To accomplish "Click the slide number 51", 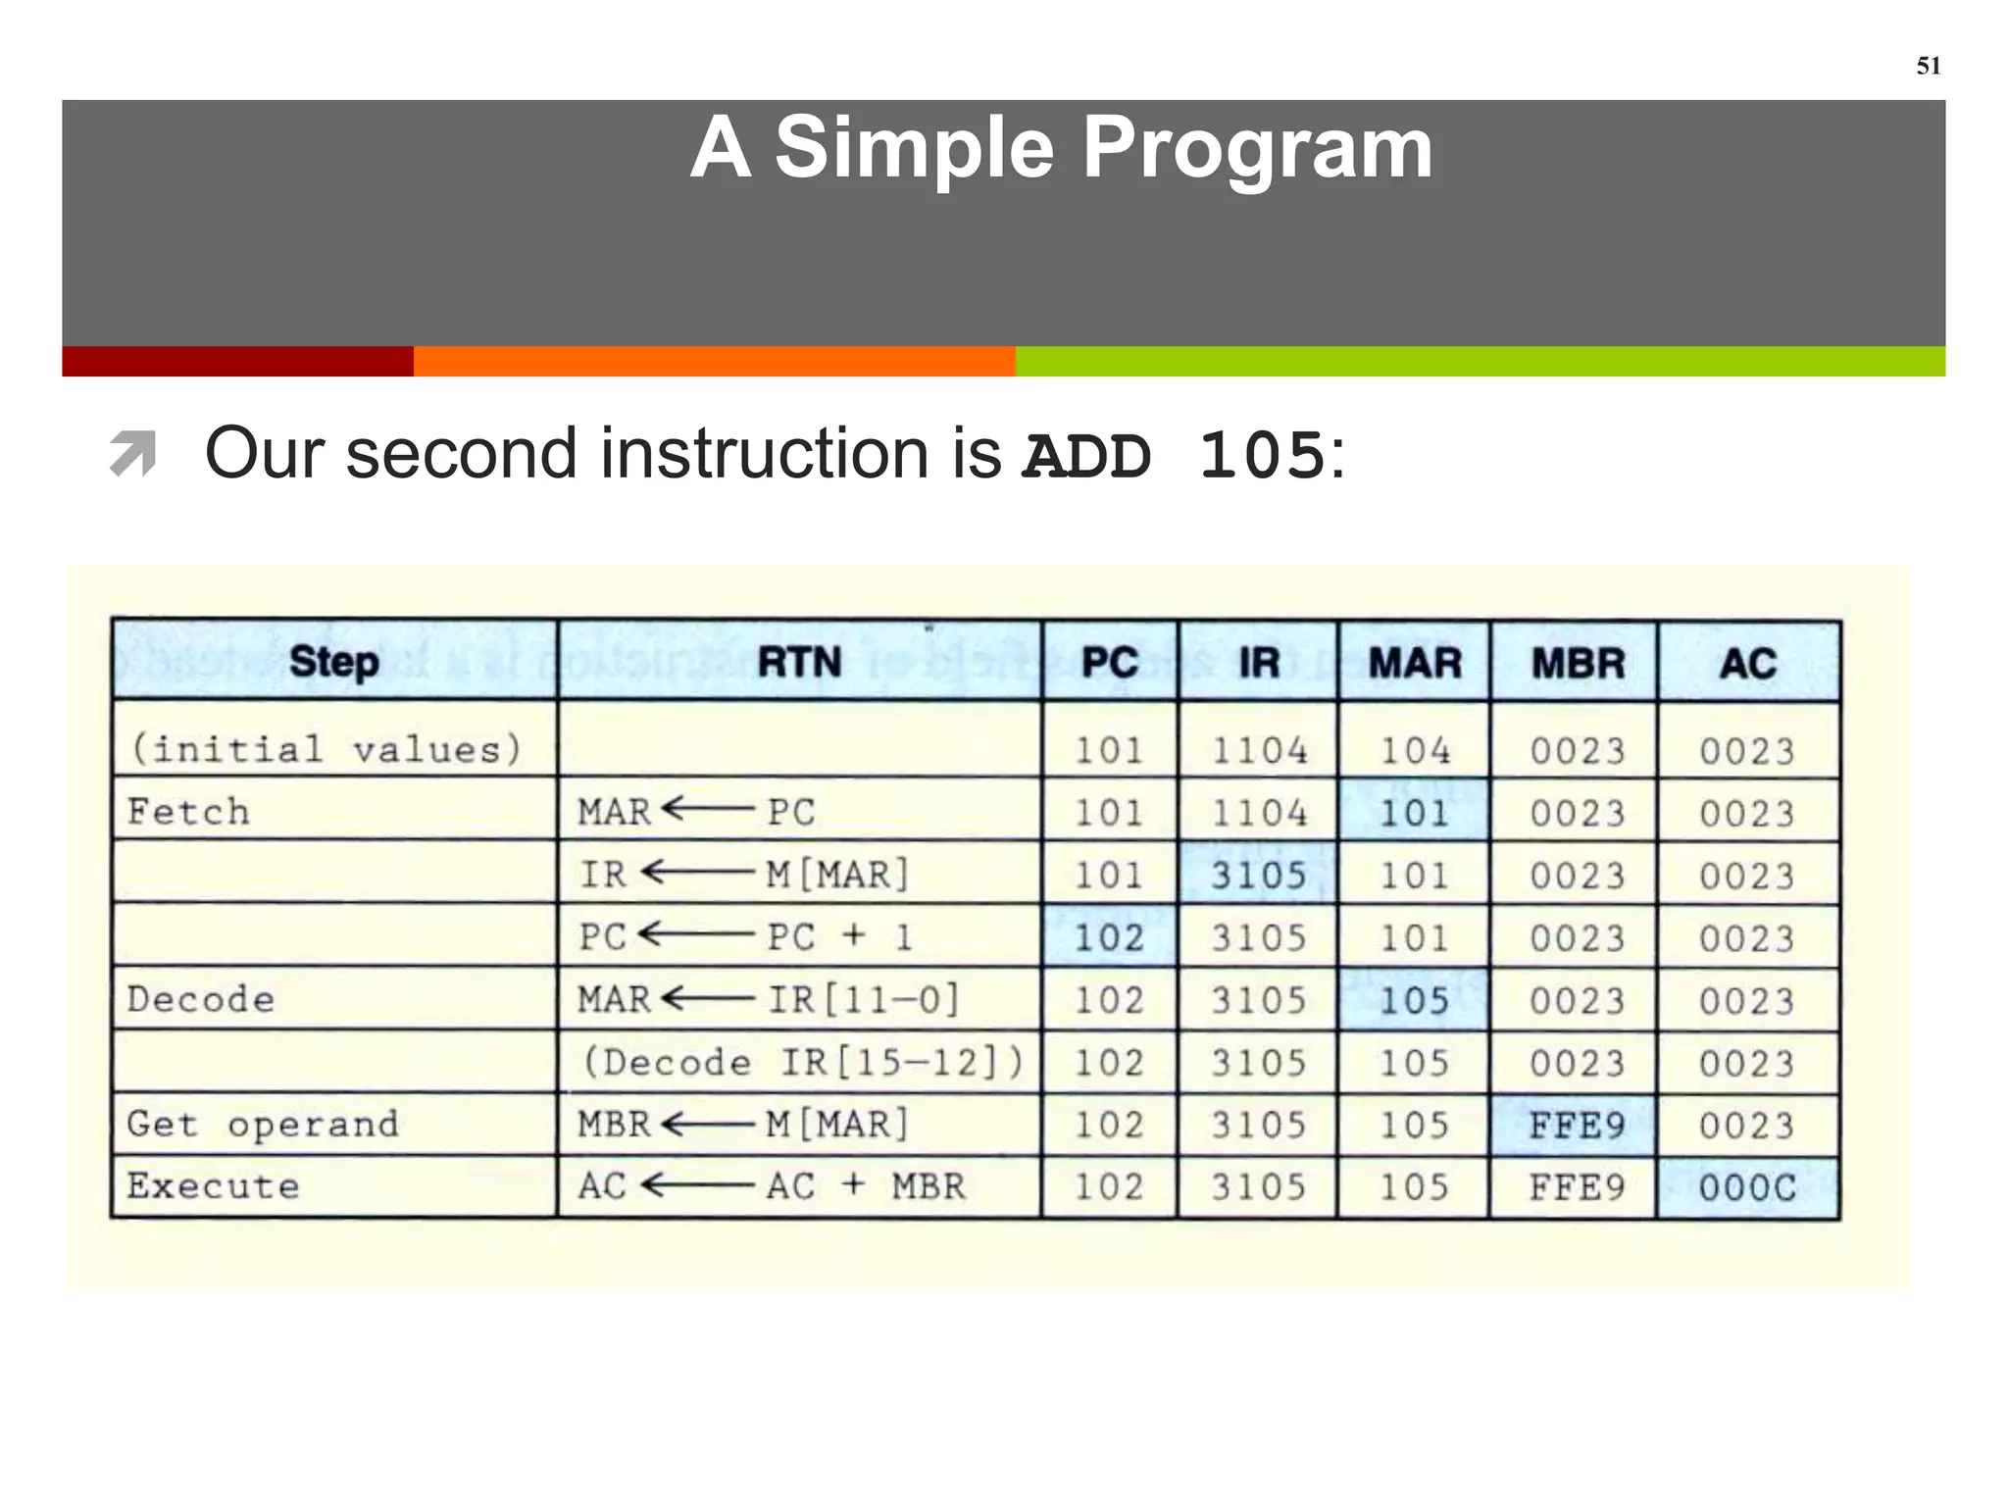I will [1928, 66].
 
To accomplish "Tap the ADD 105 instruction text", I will [1173, 456].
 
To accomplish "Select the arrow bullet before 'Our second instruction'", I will [133, 453].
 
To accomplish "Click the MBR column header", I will [1578, 664].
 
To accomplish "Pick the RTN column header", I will [799, 662].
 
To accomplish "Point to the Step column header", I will [333, 662].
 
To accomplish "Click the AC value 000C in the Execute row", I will [1747, 1188].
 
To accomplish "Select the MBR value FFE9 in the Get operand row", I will [1577, 1126].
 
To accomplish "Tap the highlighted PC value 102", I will [1109, 938].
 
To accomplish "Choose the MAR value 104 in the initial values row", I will [1415, 751].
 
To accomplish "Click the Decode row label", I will [201, 1000].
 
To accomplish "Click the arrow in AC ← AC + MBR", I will [697, 1186].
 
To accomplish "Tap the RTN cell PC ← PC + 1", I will [745, 937].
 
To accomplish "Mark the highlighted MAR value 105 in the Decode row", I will [1414, 1001].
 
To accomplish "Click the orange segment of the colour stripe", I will [714, 361].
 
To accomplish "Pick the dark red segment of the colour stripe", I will [237, 361].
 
